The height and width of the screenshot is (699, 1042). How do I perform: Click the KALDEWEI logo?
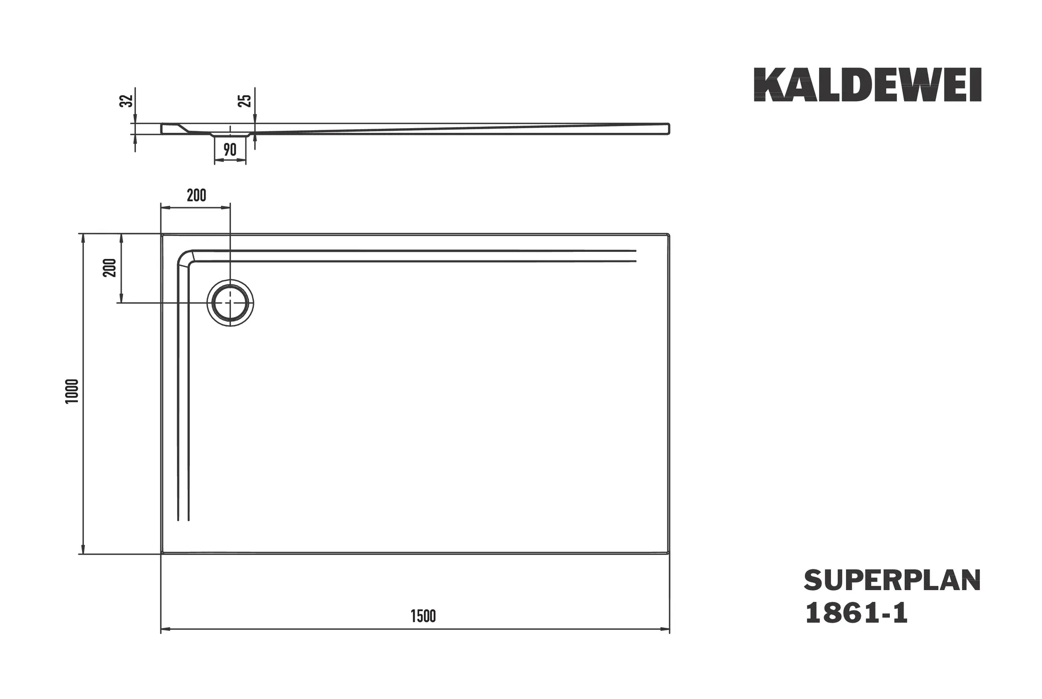[867, 85]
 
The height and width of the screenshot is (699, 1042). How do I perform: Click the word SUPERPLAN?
[892, 581]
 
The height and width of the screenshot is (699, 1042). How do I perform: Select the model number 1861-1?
[856, 614]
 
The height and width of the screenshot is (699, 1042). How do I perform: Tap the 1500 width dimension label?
[423, 616]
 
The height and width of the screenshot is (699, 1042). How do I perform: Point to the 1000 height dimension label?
[72, 391]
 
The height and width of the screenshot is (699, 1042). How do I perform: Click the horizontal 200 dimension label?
[196, 195]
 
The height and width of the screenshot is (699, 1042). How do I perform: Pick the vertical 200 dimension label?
[110, 268]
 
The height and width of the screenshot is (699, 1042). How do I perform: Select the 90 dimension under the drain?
[229, 150]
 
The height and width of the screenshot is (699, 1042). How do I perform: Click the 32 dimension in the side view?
[127, 101]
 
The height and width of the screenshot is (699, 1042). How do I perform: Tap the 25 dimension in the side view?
[246, 101]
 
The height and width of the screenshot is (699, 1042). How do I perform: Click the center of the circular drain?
[230, 303]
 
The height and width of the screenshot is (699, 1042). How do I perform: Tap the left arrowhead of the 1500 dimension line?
[164, 629]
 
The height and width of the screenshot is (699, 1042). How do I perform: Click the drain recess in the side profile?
[230, 135]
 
